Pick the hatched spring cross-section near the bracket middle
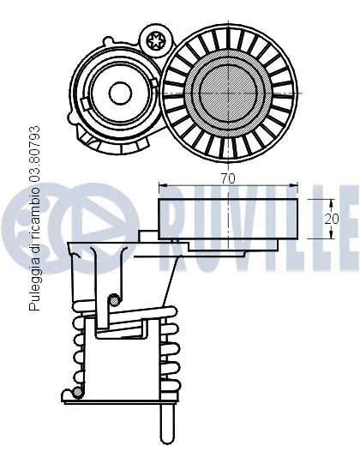(114, 299)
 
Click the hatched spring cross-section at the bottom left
(77, 392)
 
